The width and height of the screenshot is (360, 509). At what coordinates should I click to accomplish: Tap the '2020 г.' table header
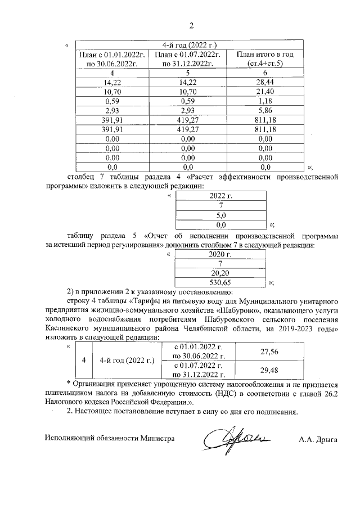tap(220, 254)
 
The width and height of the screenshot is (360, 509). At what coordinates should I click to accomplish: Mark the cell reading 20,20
tap(220, 273)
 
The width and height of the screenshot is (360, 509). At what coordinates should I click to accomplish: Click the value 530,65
tap(220, 282)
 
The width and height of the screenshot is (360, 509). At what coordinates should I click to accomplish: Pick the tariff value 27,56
tap(270, 352)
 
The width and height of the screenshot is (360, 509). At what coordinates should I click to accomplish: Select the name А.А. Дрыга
tap(318, 439)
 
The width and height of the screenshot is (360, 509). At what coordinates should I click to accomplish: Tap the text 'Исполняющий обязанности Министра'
tap(110, 438)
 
